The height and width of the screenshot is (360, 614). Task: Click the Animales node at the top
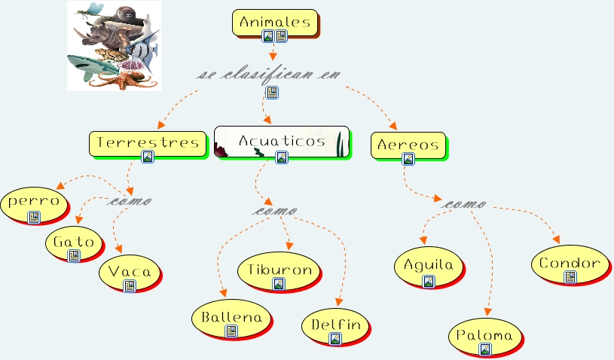point(275,23)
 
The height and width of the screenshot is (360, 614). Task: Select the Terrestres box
point(148,142)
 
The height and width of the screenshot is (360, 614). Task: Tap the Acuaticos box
point(282,140)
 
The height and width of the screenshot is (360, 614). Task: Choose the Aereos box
point(408,145)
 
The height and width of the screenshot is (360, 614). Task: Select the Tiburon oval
point(280,270)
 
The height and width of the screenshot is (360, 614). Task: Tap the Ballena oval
point(231,317)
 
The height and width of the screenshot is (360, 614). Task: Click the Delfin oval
point(336,326)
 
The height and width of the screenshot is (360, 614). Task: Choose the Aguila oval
point(429,266)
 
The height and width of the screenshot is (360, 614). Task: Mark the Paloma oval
point(485,336)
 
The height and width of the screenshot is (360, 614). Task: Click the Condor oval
point(570,264)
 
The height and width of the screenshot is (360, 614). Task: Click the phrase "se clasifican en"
point(269,75)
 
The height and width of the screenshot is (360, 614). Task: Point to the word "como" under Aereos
point(465,204)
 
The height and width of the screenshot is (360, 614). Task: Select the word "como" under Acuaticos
point(274,211)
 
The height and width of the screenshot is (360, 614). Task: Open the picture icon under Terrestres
point(148,157)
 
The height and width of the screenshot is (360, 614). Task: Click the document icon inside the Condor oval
point(570,276)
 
